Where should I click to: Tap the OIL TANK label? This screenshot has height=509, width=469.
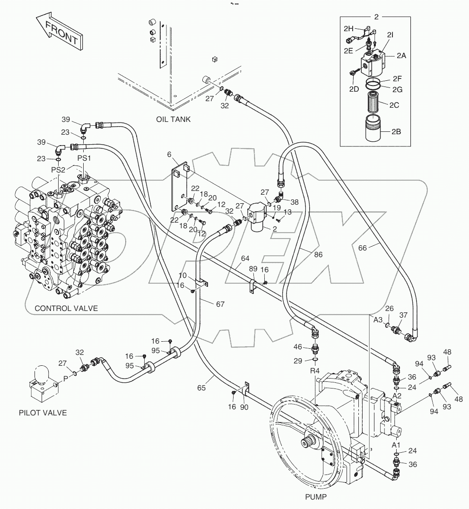coord(174,119)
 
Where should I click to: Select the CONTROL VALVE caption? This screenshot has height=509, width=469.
coord(66,308)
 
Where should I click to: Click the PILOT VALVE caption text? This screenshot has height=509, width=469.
coord(43,413)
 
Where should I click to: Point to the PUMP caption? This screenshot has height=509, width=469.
coord(316,497)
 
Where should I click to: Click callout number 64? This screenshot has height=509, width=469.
coord(245,259)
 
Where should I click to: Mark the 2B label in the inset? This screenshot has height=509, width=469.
coord(396,132)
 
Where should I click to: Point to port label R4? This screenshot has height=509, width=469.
coord(315,371)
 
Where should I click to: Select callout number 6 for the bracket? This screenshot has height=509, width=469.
coord(169,154)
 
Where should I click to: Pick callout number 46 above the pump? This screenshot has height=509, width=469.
coord(298,347)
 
